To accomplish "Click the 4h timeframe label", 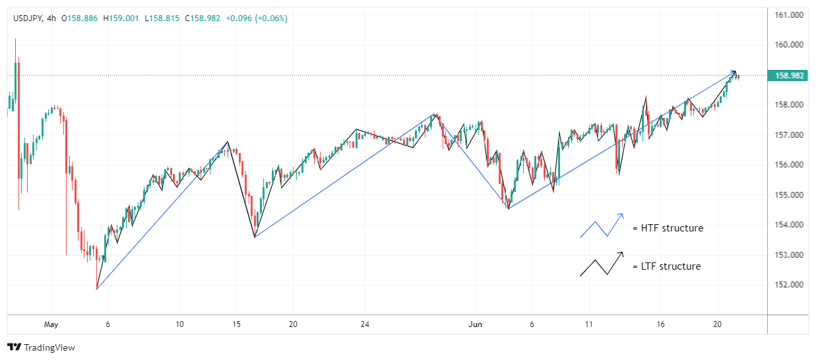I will tap(52, 18).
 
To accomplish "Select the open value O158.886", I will tap(80, 18).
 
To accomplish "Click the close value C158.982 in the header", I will tap(202, 18).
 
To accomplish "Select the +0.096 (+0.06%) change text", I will tap(257, 18).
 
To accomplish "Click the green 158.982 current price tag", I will tap(790, 76).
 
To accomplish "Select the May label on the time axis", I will tap(51, 324).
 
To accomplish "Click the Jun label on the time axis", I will tap(476, 324).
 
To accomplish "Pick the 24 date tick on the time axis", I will tap(365, 324).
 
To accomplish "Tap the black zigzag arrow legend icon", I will tap(602, 264).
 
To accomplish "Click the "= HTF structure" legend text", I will tap(668, 228).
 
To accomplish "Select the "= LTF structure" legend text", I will tap(666, 266).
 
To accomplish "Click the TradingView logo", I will tap(41, 347).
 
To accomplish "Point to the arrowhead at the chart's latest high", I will tap(734, 72).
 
